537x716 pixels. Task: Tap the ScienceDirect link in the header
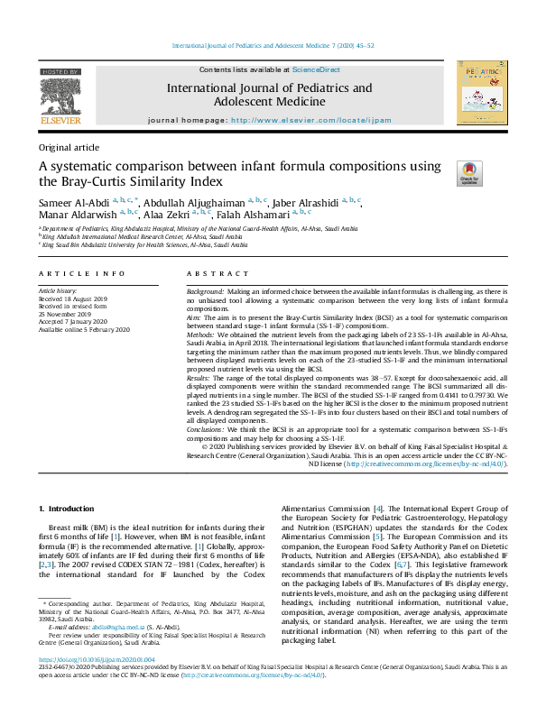tap(316, 69)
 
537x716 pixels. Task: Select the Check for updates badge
tap(469, 174)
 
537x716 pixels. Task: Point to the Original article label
tap(69, 146)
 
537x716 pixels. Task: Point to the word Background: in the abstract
tap(205, 294)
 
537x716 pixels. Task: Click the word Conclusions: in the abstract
tap(208, 431)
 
